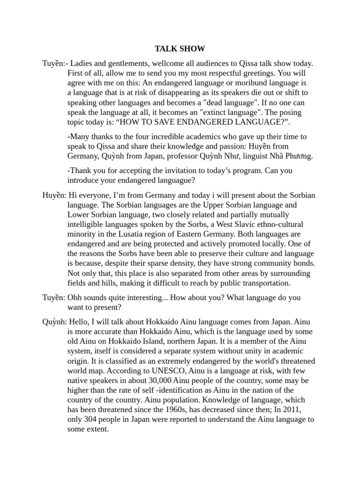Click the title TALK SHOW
pos(180,48)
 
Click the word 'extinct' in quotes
pos(208,112)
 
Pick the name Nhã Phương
pos(290,156)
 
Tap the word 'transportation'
pos(264,283)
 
